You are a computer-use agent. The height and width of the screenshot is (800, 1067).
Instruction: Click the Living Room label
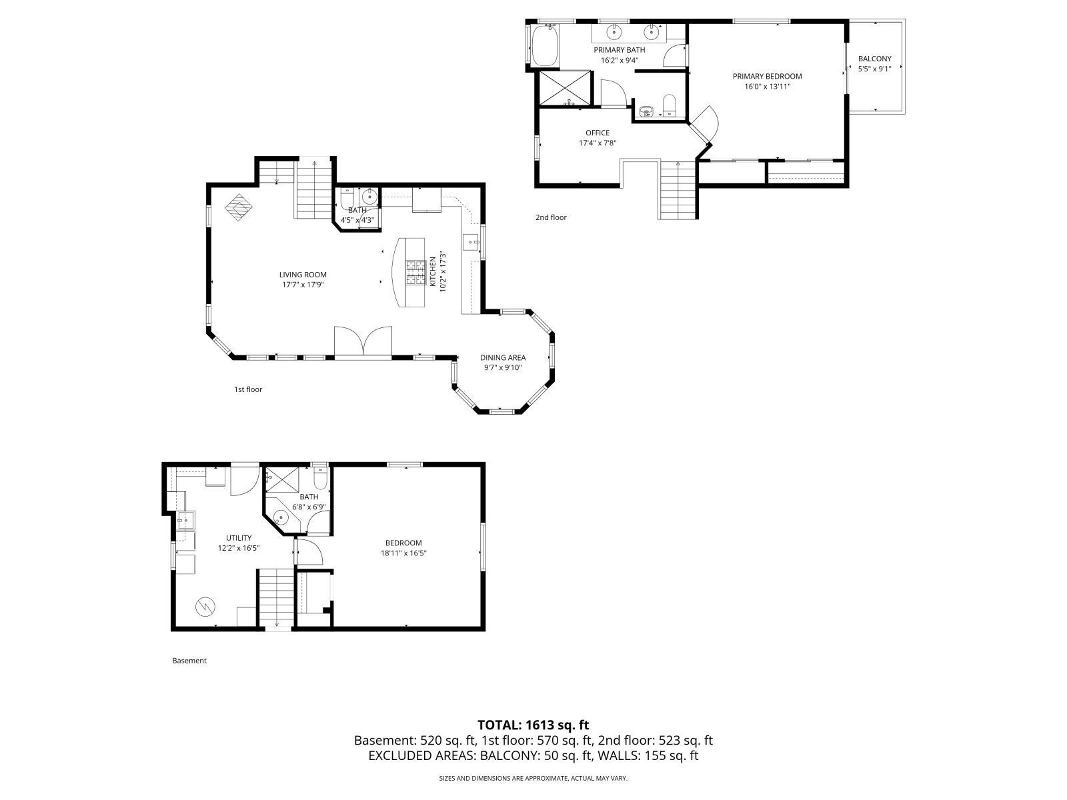coord(303,275)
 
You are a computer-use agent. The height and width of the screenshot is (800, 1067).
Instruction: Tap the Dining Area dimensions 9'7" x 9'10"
coord(502,367)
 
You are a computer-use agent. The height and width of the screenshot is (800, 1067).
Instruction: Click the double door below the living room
coord(363,342)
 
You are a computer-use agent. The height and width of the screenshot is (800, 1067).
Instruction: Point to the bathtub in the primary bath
coord(545,45)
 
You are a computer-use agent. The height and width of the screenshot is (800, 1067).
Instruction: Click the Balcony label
coord(874,59)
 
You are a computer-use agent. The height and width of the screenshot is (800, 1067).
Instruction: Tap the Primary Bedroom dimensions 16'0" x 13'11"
coord(767,86)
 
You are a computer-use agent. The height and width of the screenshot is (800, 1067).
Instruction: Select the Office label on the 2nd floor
coord(598,133)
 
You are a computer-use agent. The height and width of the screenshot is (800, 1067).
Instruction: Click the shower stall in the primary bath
coord(564,87)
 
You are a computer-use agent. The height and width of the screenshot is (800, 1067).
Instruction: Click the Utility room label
coord(238,538)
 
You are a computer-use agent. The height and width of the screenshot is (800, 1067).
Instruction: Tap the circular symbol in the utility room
coord(204,606)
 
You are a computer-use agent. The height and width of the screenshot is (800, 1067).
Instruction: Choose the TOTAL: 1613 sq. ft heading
coord(533,725)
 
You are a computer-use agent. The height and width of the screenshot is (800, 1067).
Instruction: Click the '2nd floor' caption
coord(550,217)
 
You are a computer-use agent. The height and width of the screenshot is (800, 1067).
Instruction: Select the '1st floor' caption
coord(247,389)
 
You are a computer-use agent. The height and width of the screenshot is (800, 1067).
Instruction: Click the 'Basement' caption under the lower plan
coord(189,661)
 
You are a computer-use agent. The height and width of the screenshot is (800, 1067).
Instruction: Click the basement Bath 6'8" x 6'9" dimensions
coord(309,507)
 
